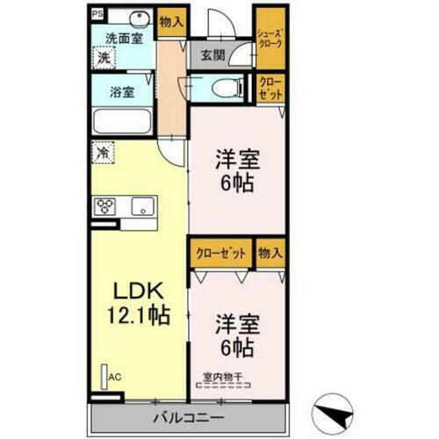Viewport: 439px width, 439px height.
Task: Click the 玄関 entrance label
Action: point(213,54)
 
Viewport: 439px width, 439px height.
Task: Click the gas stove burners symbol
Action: point(104,207)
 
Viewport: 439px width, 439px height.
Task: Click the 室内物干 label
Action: point(221,378)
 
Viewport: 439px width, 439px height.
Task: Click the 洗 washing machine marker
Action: point(104,58)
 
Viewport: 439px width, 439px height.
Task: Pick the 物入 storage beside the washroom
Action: point(172,23)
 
